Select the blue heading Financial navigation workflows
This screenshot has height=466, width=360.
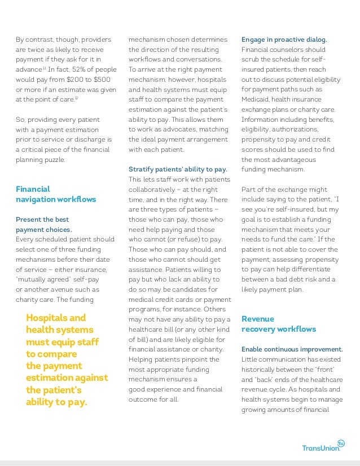(x=55, y=194)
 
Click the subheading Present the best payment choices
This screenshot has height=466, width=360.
(x=43, y=225)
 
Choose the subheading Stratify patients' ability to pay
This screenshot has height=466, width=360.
(x=178, y=169)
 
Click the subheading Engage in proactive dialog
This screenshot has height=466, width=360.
(x=284, y=39)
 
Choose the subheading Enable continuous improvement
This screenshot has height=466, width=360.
(x=292, y=349)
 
